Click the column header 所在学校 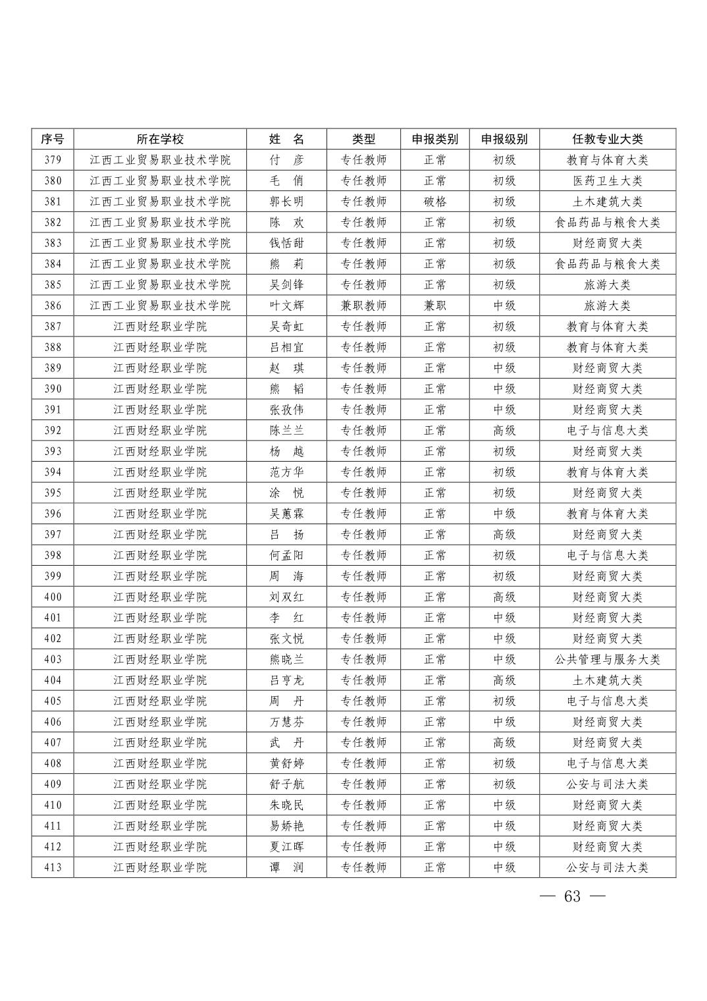pyautogui.click(x=160, y=139)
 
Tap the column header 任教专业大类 pyautogui.click(x=607, y=139)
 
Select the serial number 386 pyautogui.click(x=53, y=306)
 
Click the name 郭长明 pyautogui.click(x=286, y=202)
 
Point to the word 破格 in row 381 pyautogui.click(x=434, y=202)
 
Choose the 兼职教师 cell pyautogui.click(x=363, y=306)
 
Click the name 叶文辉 pyautogui.click(x=286, y=306)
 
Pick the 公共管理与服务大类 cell pyautogui.click(x=607, y=659)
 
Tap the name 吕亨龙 pyautogui.click(x=286, y=680)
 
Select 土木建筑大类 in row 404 pyautogui.click(x=607, y=680)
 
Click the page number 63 pyautogui.click(x=572, y=896)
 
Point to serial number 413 pyautogui.click(x=53, y=867)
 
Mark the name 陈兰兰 pyautogui.click(x=286, y=431)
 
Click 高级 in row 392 pyautogui.click(x=504, y=431)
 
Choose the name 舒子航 pyautogui.click(x=286, y=784)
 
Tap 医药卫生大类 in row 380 pyautogui.click(x=607, y=181)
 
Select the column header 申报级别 pyautogui.click(x=504, y=139)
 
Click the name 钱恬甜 pyautogui.click(x=286, y=243)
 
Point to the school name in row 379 pyautogui.click(x=160, y=160)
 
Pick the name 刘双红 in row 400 pyautogui.click(x=286, y=597)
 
